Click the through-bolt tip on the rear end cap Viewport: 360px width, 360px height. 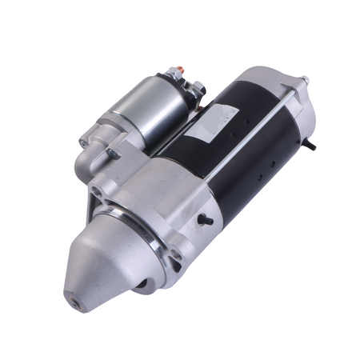click(x=304, y=81)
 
